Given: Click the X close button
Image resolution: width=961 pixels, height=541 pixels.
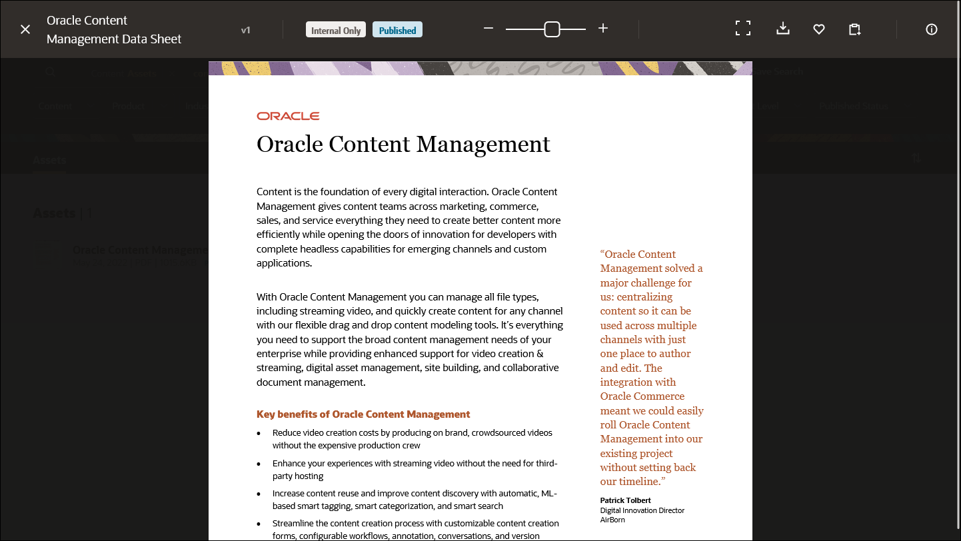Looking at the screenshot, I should [x=25, y=29].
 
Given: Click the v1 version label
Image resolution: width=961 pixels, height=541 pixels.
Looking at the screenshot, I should [x=246, y=30].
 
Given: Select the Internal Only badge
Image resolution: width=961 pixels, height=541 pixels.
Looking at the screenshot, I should [x=336, y=30].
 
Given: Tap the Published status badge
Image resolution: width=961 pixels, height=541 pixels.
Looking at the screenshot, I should [x=397, y=30].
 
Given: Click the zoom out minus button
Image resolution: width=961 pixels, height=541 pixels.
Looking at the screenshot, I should [x=488, y=29].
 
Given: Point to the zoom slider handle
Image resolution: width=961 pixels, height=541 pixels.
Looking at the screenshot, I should [x=552, y=29].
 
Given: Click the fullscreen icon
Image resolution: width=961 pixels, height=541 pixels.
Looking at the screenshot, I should [x=742, y=28].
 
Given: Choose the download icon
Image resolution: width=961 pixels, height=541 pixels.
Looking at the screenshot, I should [x=783, y=29].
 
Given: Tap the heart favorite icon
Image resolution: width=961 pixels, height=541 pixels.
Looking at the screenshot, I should [x=819, y=29].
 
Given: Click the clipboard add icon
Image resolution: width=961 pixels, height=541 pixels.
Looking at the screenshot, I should [x=854, y=29].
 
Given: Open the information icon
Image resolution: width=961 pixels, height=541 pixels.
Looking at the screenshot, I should [x=932, y=29].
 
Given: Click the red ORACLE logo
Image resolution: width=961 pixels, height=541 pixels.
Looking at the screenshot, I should [x=288, y=116].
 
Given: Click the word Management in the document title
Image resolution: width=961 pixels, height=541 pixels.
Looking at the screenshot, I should [x=483, y=145].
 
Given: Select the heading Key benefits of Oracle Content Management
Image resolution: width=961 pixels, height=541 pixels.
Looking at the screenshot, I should [x=363, y=414].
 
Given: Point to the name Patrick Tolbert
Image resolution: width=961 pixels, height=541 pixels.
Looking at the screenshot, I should [x=625, y=500].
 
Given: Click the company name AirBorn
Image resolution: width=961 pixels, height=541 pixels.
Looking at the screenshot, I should [x=612, y=520].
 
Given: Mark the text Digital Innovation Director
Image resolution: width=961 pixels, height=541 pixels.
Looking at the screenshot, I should [x=642, y=510].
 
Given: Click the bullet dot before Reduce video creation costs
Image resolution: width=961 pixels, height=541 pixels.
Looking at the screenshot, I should [x=259, y=433].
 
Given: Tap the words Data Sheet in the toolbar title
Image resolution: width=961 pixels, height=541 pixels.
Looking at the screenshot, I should [x=151, y=39].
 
